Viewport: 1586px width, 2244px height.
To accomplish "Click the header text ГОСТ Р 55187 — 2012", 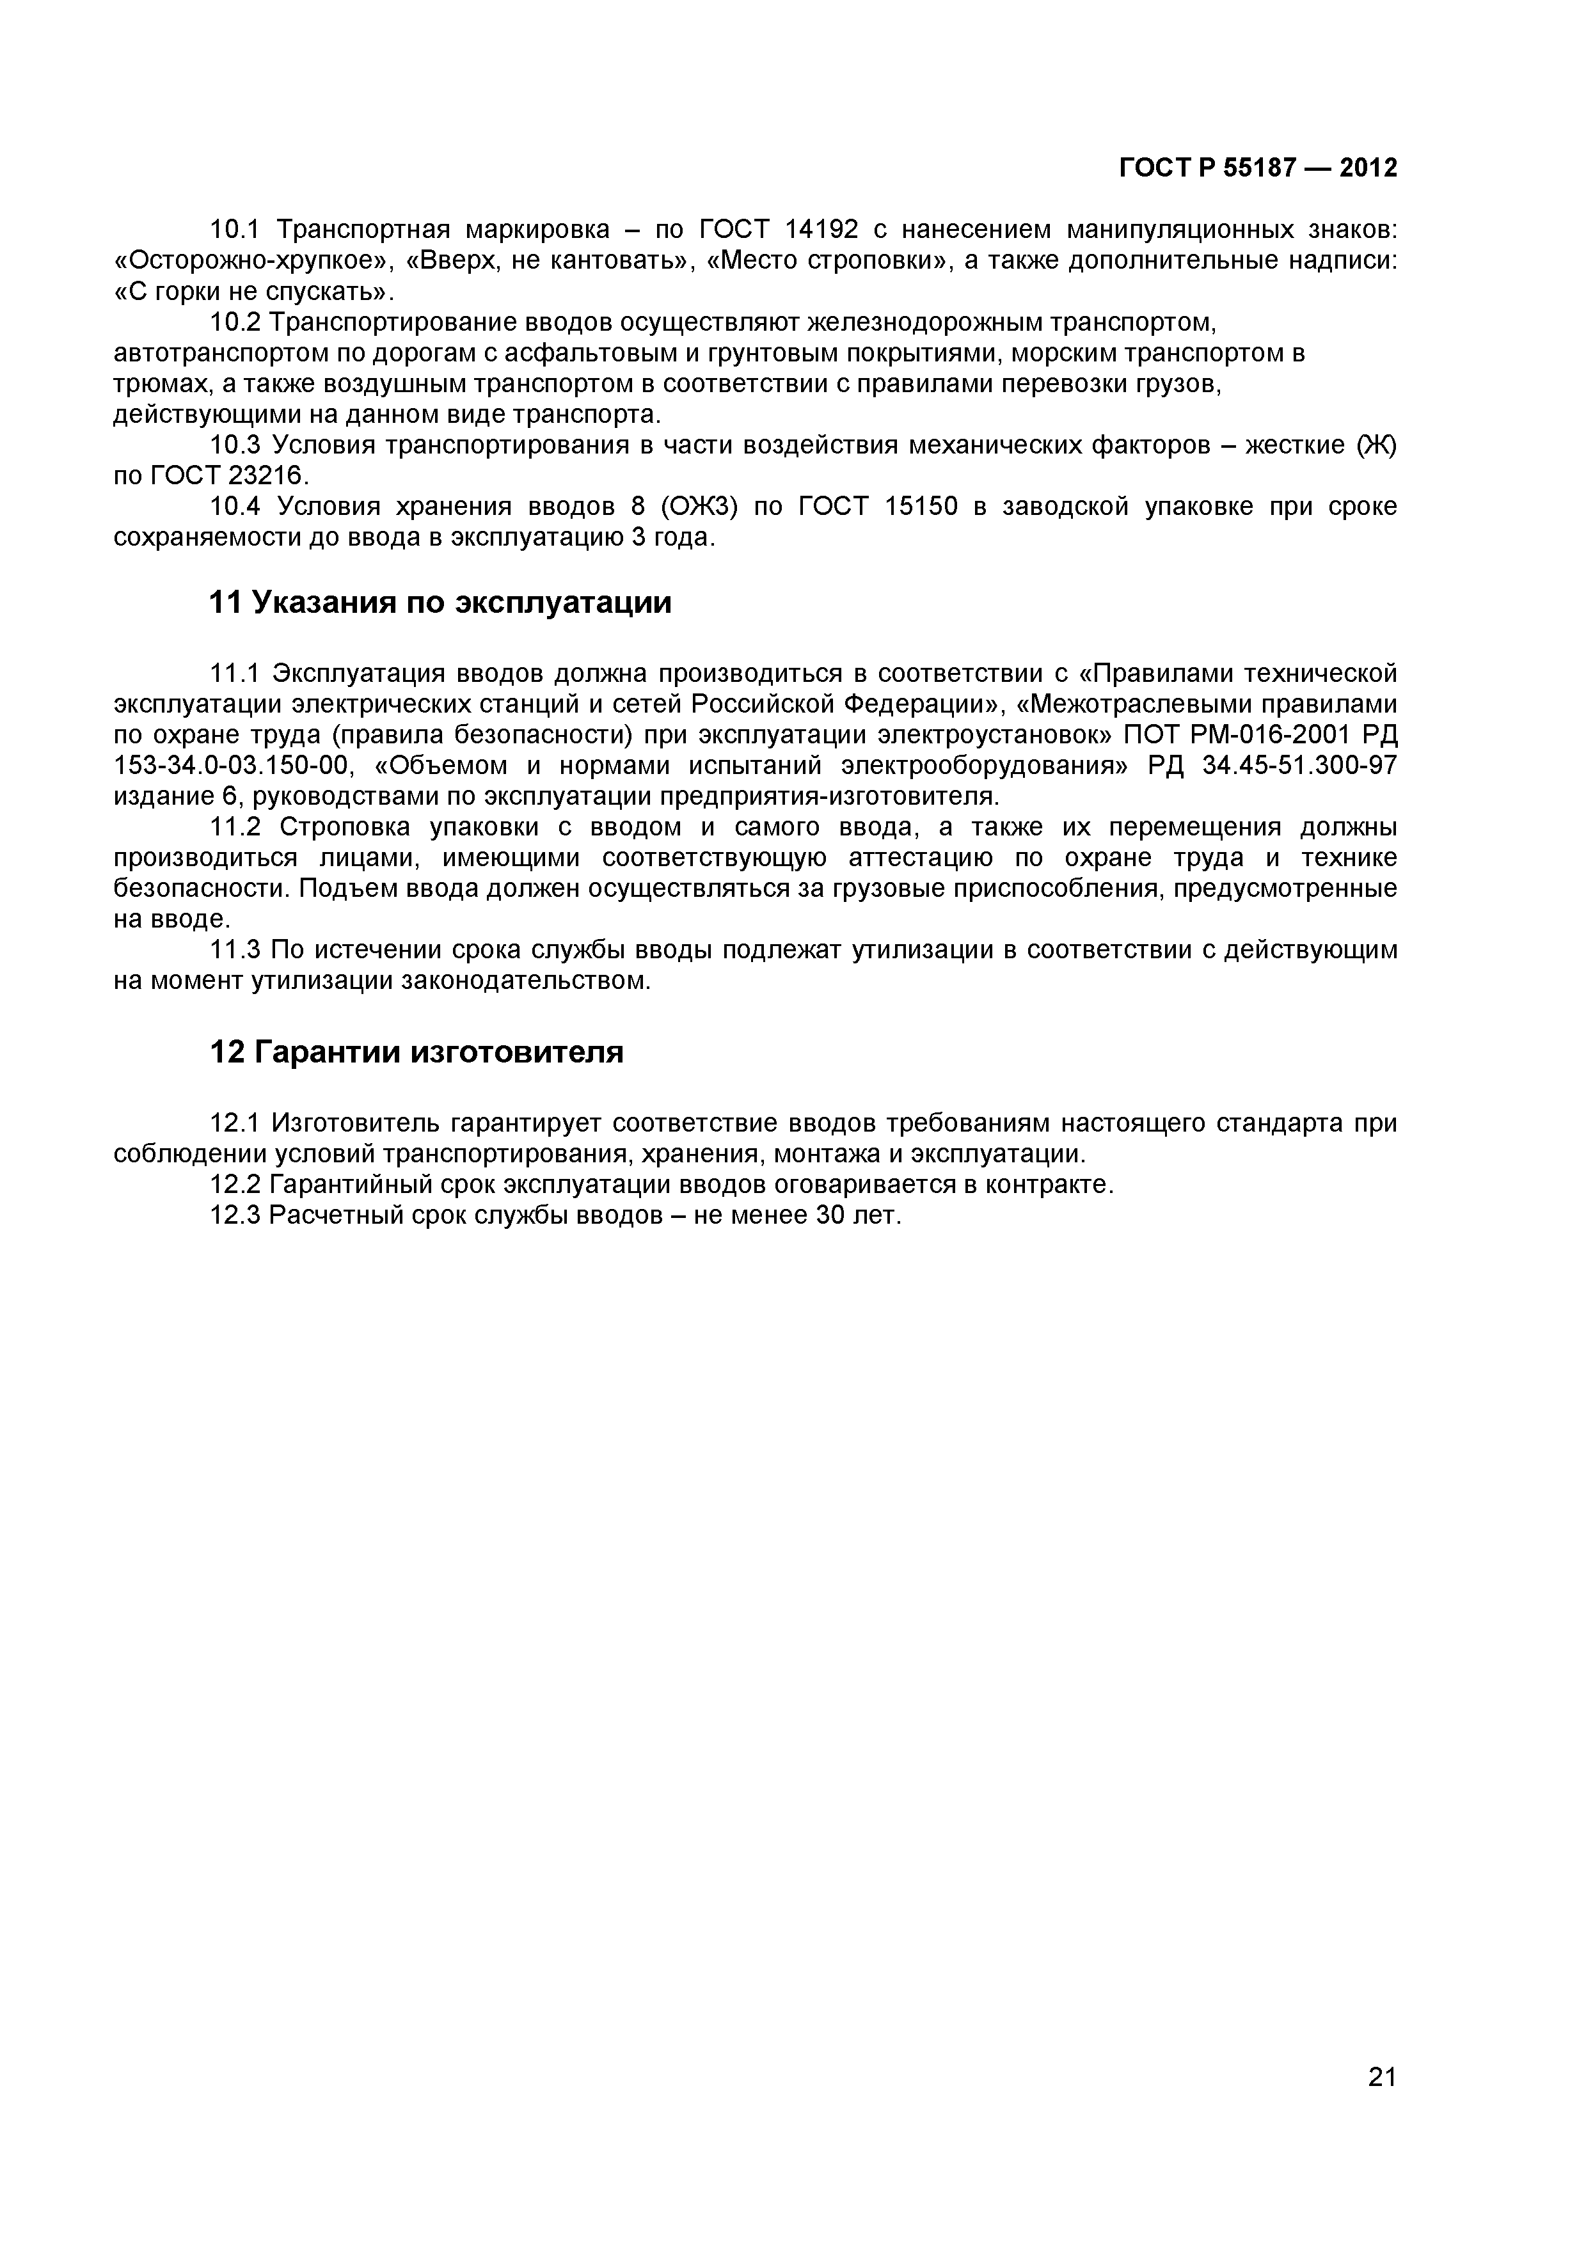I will (1258, 168).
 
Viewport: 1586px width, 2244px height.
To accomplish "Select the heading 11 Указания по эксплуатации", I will (441, 602).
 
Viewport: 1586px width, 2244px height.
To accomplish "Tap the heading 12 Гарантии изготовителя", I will (416, 1052).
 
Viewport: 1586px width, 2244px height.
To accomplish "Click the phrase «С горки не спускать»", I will (252, 291).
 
